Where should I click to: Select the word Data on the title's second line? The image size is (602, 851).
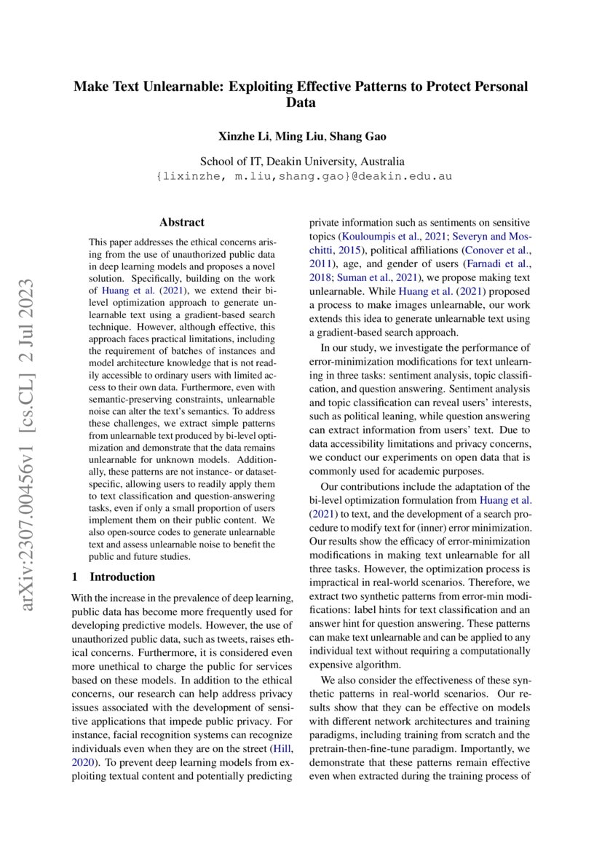(301, 103)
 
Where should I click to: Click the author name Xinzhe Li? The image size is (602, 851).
(244, 137)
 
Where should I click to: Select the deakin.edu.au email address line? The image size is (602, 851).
(301, 176)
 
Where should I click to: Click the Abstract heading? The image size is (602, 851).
(182, 223)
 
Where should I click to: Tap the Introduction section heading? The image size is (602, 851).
(122, 577)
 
